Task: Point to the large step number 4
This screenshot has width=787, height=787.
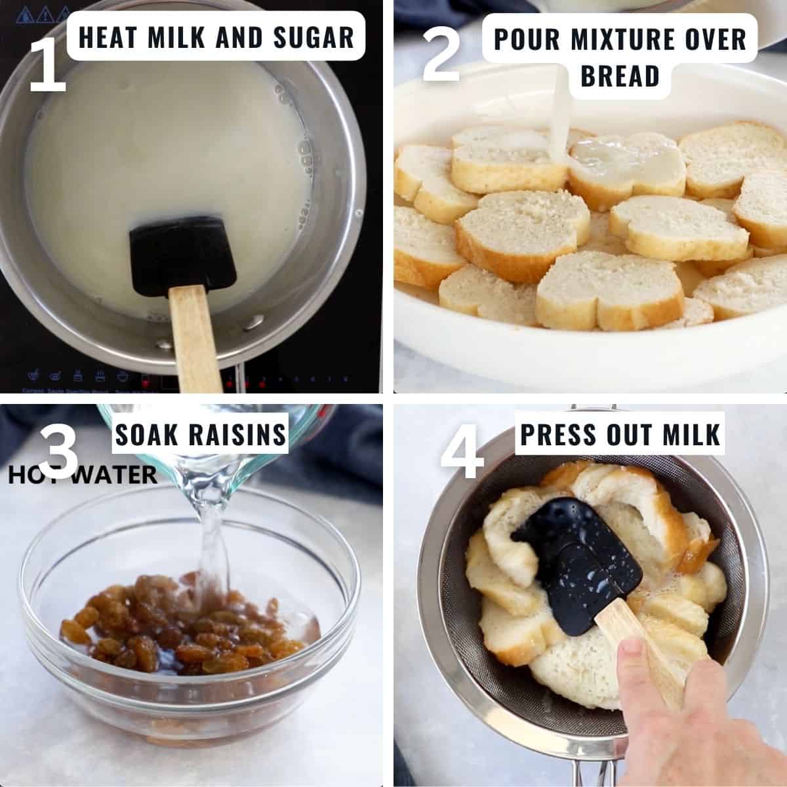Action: (x=462, y=453)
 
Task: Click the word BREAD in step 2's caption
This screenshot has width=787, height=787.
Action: (x=619, y=76)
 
